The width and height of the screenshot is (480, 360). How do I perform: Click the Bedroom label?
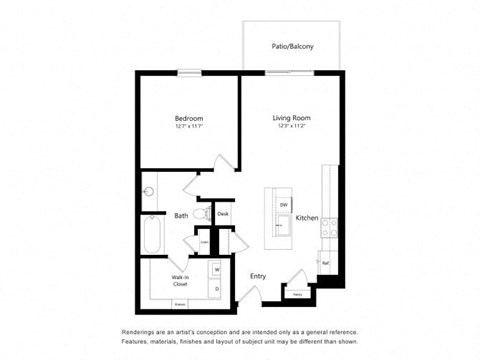189,118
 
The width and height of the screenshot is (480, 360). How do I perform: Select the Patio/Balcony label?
291,46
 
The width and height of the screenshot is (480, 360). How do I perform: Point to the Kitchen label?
307,217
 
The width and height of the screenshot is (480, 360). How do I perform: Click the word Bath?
182,215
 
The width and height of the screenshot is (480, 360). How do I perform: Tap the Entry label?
258,276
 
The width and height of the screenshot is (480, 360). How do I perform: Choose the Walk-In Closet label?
182,280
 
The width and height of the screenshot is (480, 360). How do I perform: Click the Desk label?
223,214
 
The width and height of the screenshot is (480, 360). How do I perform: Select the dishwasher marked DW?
283,205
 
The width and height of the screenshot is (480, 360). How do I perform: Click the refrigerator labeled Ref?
326,263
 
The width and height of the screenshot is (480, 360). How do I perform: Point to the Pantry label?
297,294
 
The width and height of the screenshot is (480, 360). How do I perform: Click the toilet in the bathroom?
202,214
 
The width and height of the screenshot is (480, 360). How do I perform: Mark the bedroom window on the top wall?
189,72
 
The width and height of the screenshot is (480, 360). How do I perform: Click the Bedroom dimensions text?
189,127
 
